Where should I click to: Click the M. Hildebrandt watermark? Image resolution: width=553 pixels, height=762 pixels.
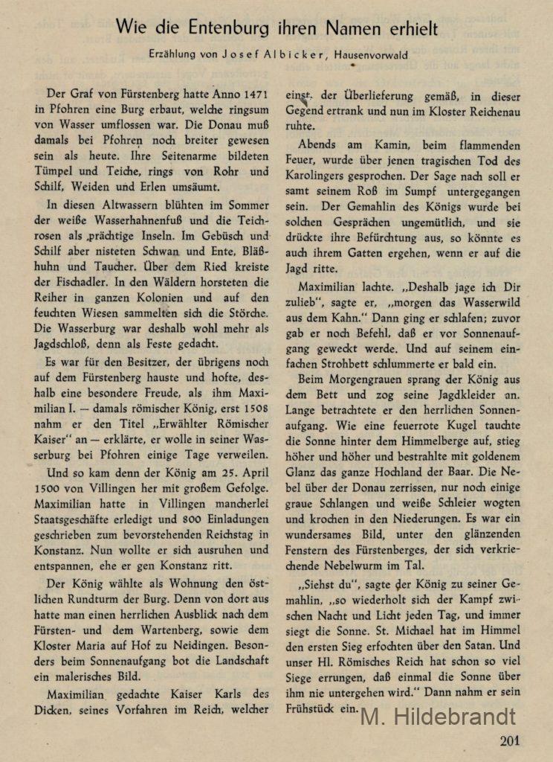pyautogui.click(x=438, y=716)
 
